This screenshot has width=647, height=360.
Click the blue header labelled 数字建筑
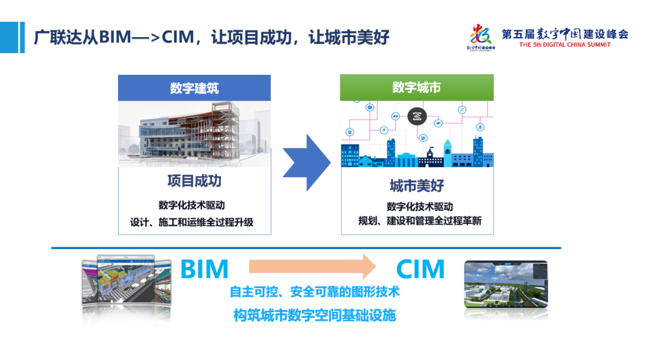point(194,88)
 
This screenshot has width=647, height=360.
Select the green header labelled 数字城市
point(416,87)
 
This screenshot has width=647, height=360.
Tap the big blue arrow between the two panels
point(306,162)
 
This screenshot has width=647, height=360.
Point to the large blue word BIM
point(204,270)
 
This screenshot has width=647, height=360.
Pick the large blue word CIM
point(421,270)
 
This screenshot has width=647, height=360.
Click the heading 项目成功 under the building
point(194,181)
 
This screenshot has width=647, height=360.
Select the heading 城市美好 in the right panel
point(416,186)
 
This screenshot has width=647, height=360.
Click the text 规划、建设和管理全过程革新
point(419,221)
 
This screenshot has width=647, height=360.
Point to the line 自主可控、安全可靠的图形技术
point(315,292)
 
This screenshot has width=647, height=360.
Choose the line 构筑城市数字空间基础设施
point(315,315)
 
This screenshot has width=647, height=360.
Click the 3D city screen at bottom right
point(506,284)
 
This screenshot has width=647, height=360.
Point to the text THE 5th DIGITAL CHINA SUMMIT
point(565,45)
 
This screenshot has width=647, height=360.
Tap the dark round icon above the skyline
point(417,116)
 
